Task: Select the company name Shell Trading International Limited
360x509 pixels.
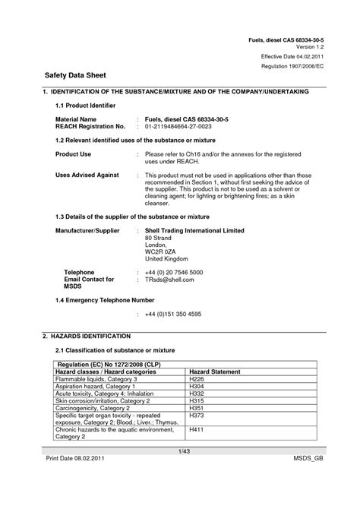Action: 194,229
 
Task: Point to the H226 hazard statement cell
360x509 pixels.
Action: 196,378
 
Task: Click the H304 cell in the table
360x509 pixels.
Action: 196,386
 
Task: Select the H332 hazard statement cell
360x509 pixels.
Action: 196,394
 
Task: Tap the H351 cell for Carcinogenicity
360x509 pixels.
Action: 196,408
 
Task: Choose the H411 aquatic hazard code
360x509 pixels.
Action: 196,430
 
